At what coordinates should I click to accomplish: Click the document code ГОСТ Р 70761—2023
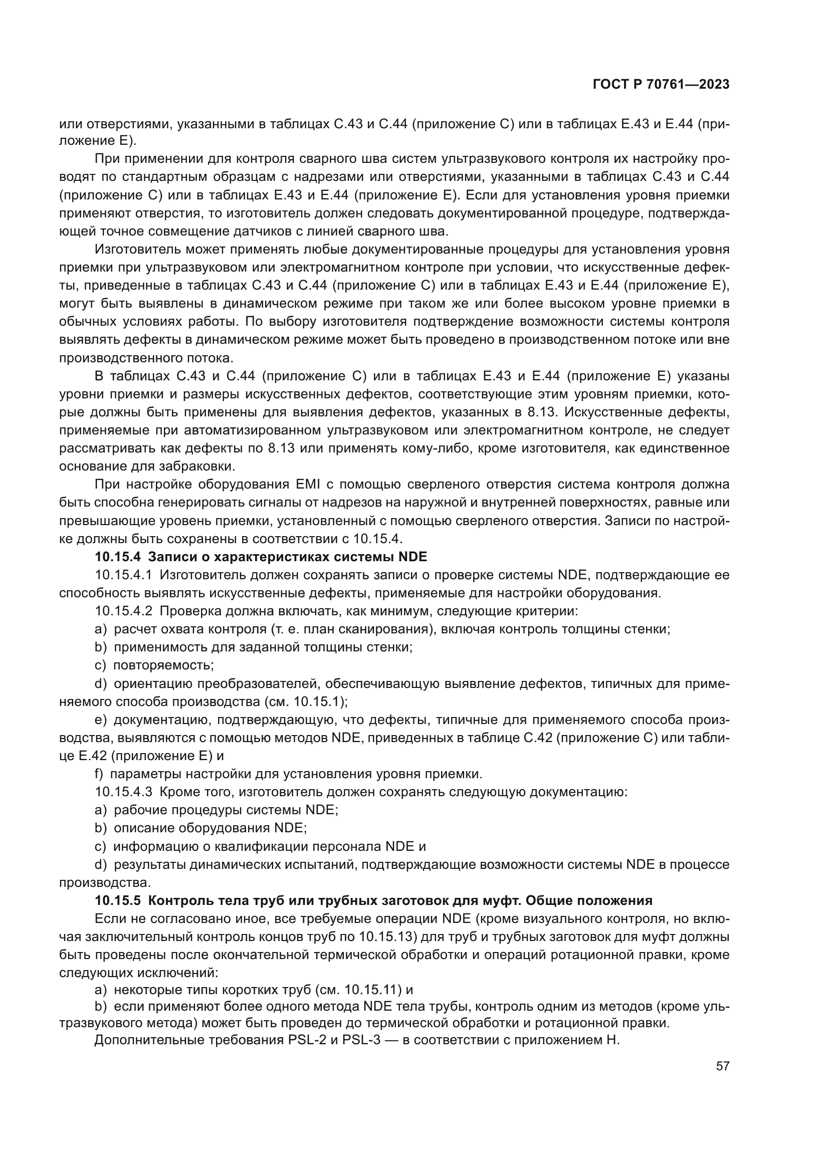(661, 85)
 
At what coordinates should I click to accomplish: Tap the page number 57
(722, 1066)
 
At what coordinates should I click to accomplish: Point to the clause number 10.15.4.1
(123, 575)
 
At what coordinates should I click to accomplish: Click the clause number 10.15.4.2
(123, 611)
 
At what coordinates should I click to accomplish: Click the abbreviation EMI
(307, 485)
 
